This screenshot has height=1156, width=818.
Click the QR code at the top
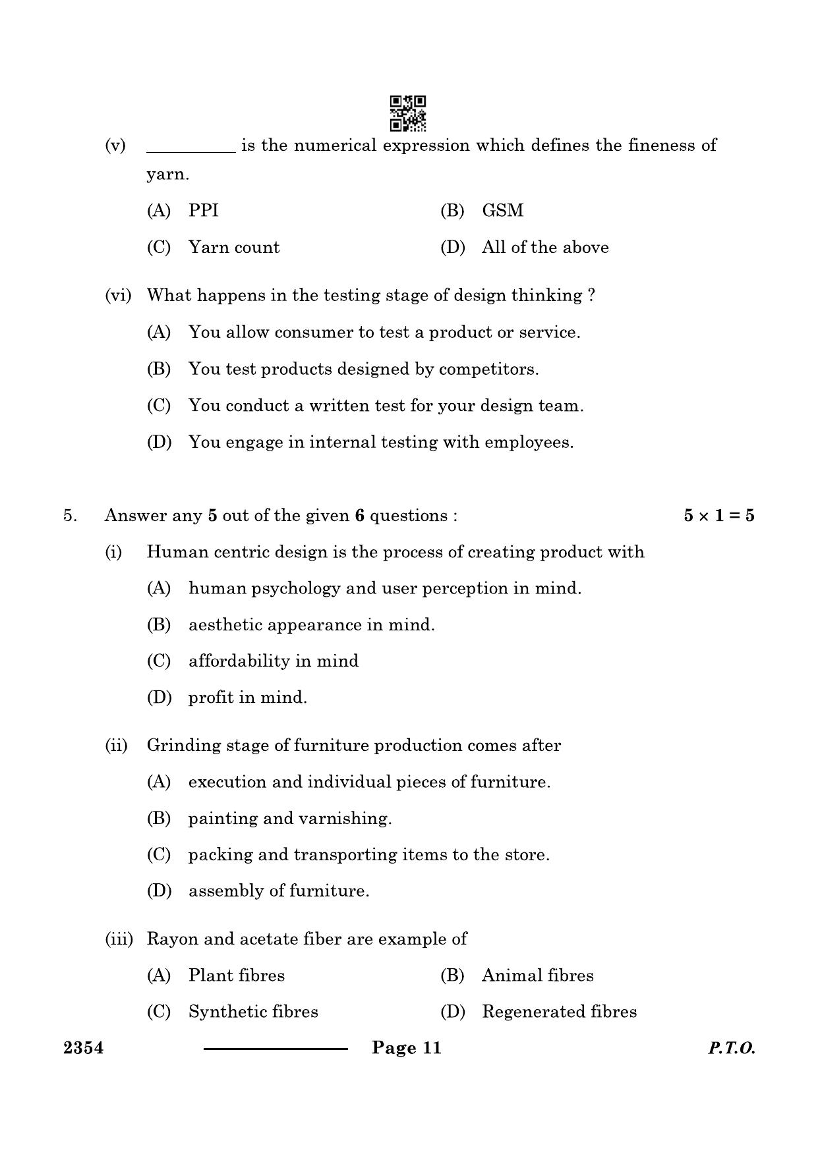coord(408,113)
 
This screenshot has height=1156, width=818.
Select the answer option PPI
coord(203,211)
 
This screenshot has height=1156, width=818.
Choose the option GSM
coord(502,211)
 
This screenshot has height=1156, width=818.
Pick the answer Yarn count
coord(233,248)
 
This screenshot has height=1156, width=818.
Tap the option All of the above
coord(545,248)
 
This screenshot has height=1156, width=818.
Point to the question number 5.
coord(70,516)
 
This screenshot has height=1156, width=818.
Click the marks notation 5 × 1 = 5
coord(718,516)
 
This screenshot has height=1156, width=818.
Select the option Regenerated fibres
coord(559,1012)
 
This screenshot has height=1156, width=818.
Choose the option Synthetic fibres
coord(253,1012)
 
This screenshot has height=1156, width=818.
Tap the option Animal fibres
coord(537,976)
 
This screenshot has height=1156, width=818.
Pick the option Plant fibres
coord(237,976)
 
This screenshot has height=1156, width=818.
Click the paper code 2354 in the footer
coord(83,1048)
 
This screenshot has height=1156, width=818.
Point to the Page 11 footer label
coord(406,1048)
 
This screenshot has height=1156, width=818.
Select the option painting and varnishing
coord(290,819)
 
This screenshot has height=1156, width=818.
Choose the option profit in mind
coord(248,698)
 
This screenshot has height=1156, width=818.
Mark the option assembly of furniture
coord(279,891)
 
